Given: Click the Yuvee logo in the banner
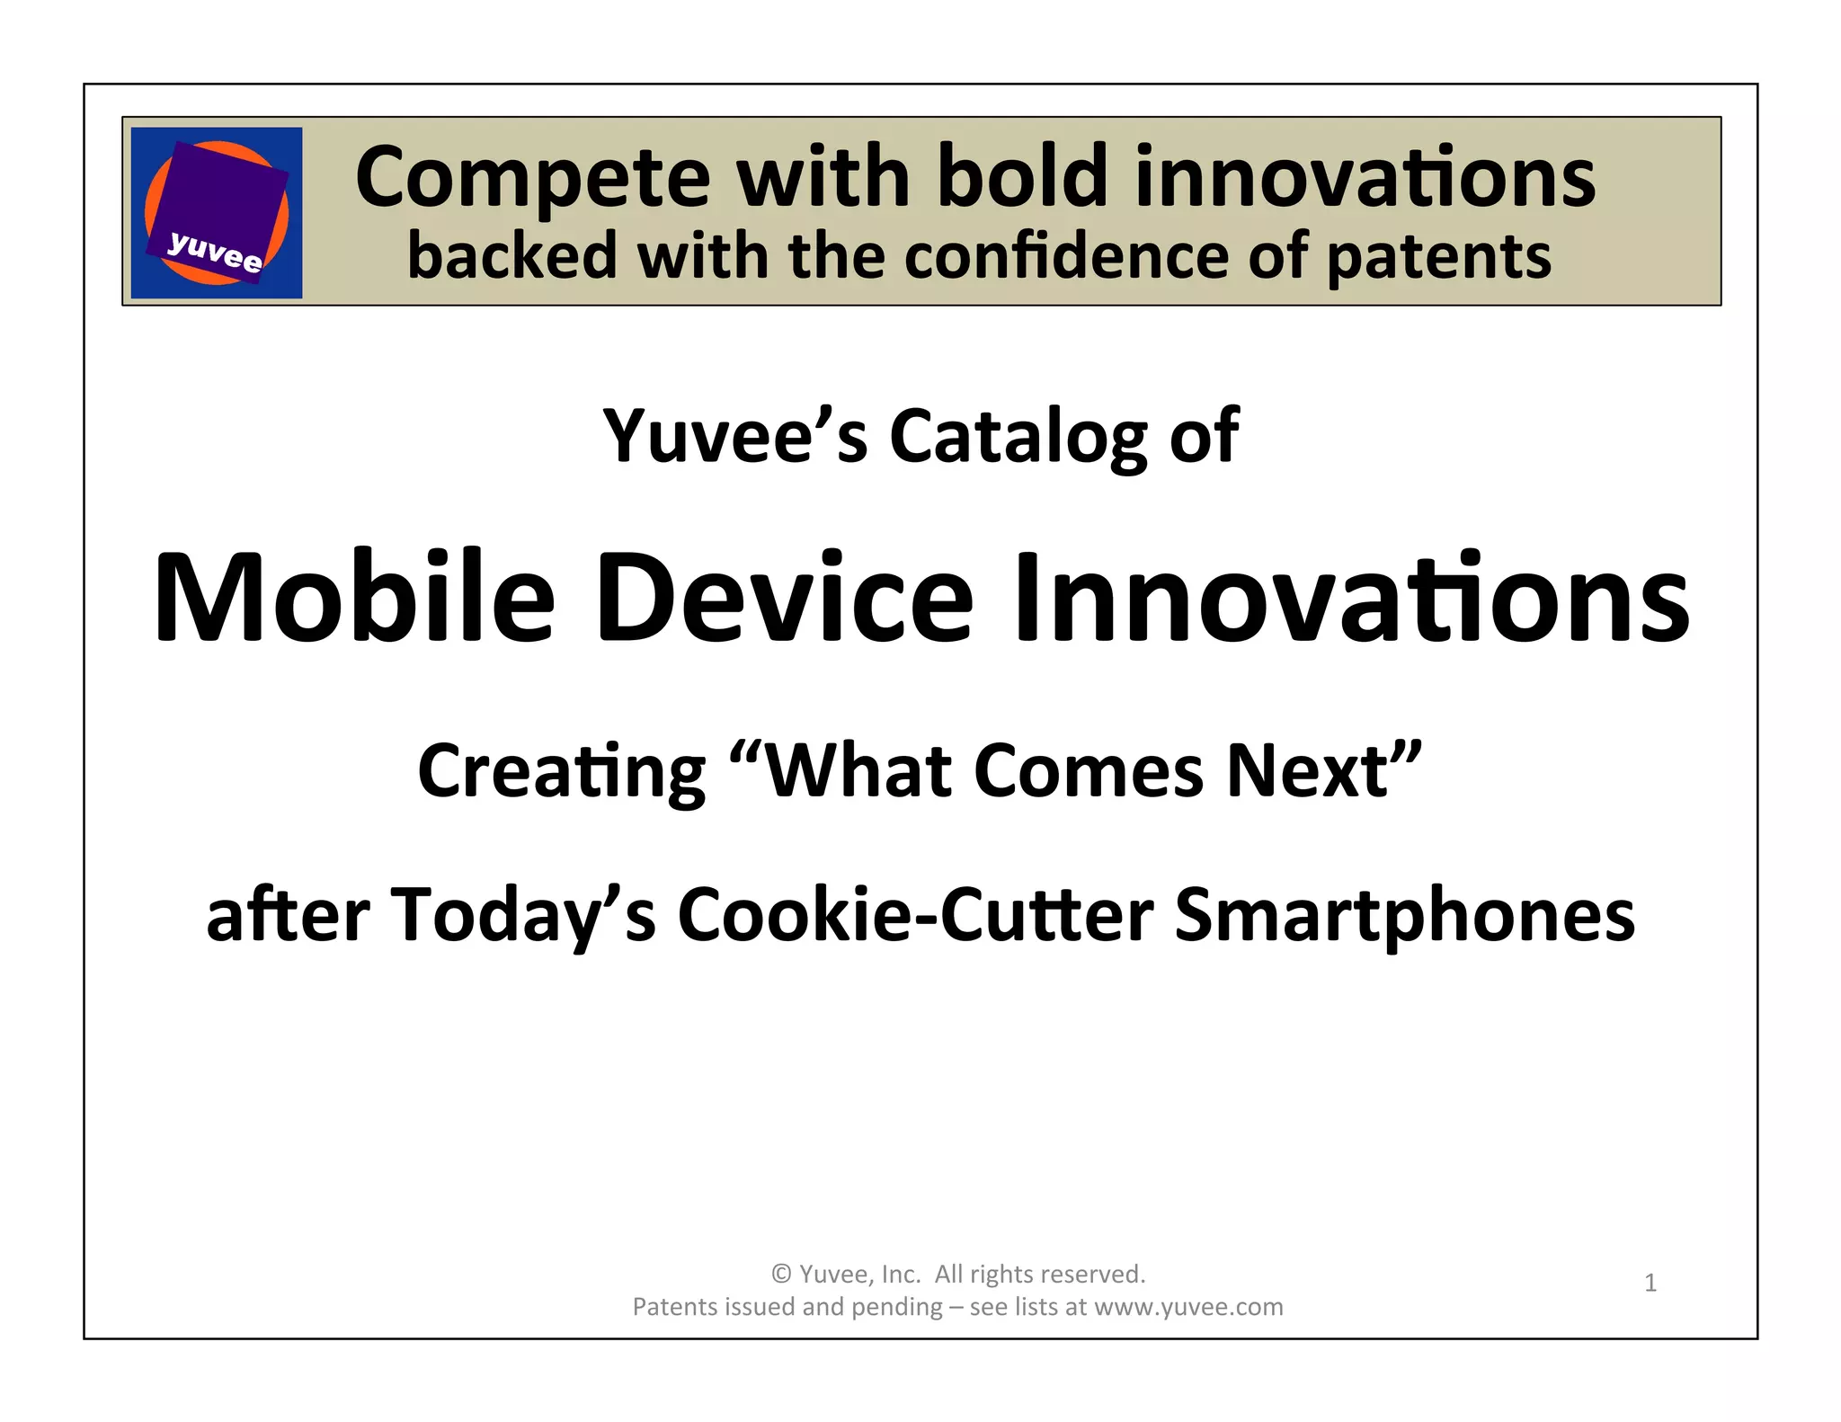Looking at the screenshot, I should pyautogui.click(x=217, y=212).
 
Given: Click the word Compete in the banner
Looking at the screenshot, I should pyautogui.click(x=533, y=178).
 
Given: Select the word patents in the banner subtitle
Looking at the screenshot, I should pyautogui.click(x=1438, y=257).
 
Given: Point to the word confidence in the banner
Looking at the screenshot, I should pyautogui.click(x=1065, y=256).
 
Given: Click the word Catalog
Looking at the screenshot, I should pyautogui.click(x=1018, y=437).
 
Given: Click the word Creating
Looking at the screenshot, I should pyautogui.click(x=562, y=771).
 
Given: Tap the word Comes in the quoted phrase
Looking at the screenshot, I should pyautogui.click(x=1089, y=771).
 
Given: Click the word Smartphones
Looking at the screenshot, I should pyautogui.click(x=1404, y=915).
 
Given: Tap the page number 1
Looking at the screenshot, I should pyautogui.click(x=1650, y=1283).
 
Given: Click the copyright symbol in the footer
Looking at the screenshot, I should pyautogui.click(x=781, y=1275).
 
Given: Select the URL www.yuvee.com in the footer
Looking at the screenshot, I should pyautogui.click(x=1188, y=1307).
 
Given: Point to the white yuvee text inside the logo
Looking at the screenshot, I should pyautogui.click(x=215, y=251).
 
